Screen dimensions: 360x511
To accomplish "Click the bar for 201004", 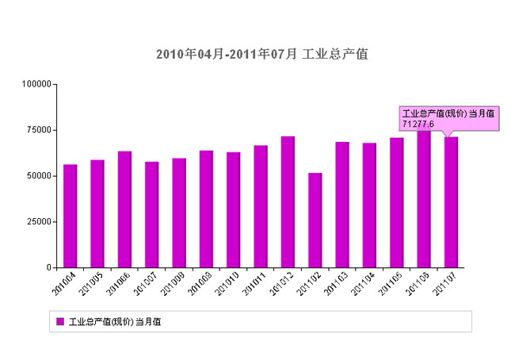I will (x=71, y=216).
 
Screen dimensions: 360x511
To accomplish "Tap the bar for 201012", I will (x=288, y=201).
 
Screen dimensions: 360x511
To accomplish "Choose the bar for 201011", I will (x=261, y=206).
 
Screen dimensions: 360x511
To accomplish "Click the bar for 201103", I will (x=342, y=205).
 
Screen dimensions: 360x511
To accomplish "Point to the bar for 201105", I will (x=397, y=202).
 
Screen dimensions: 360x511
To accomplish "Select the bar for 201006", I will (x=125, y=209).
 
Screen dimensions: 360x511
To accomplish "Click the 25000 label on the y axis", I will (x=38, y=222).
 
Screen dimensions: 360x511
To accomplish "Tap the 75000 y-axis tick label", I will (x=38, y=130).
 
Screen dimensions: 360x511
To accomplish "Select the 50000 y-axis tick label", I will (x=38, y=176).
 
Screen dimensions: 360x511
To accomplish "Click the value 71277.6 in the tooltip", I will (x=418, y=124).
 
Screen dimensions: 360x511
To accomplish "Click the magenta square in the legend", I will (x=60, y=321).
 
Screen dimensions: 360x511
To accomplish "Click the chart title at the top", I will (x=261, y=54).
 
